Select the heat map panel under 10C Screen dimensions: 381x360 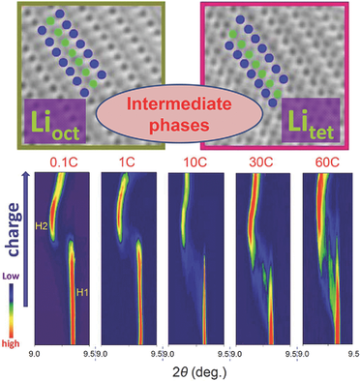tap(193, 256)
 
